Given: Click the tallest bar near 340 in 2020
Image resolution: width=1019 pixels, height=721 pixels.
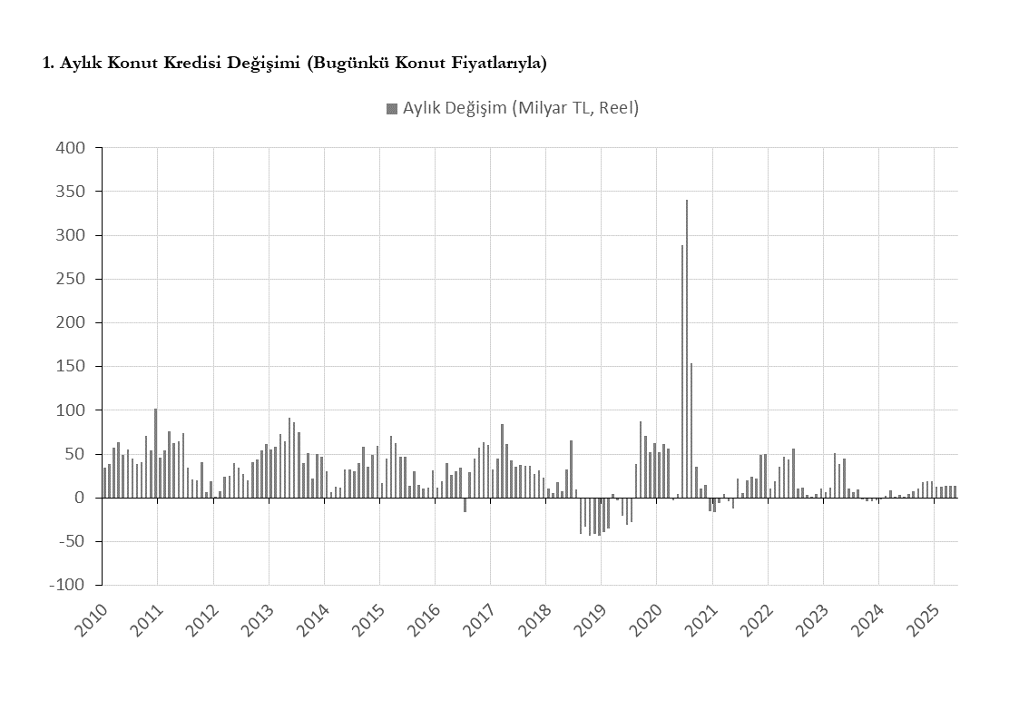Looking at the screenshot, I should coord(687,349).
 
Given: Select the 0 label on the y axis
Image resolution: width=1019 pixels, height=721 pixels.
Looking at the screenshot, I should coord(80,498).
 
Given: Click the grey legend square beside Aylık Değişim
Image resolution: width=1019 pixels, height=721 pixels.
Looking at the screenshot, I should coord(392,109).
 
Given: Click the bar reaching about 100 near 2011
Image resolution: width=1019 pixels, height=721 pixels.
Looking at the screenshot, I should coord(155,453).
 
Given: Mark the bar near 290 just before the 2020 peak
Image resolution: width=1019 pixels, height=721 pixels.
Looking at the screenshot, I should coord(682,371).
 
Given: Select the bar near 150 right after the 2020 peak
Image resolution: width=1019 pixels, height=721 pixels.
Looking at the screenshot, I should coord(691,430).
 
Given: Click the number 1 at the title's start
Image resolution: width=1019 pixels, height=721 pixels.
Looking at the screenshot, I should coord(47,63).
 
